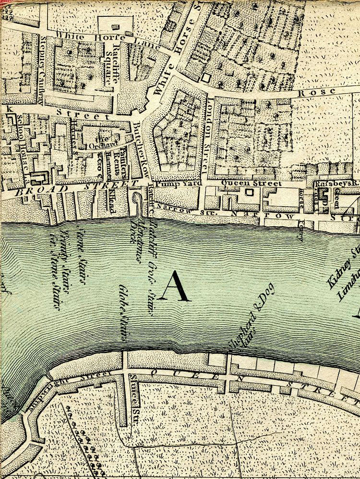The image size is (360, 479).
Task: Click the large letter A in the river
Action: tap(173, 286)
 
